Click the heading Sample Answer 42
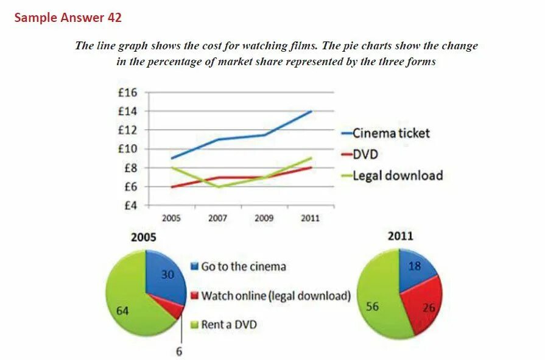tap(68, 18)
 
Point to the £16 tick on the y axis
tap(127, 93)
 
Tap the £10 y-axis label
tap(127, 149)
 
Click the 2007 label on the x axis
tap(217, 218)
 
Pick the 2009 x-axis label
tap(264, 218)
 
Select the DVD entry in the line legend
tap(365, 154)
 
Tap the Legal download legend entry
tap(398, 175)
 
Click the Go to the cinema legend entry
tap(243, 266)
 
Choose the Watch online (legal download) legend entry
tap(276, 295)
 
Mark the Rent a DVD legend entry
tap(228, 324)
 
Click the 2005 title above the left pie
tap(144, 237)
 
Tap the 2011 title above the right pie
tap(400, 236)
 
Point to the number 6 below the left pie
tap(179, 351)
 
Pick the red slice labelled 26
tap(424, 303)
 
